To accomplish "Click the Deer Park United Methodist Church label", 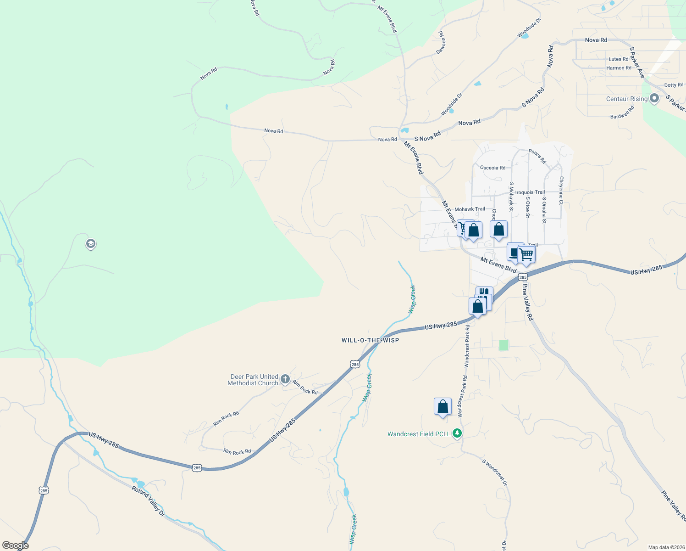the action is tap(253, 380).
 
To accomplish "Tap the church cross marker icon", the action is tap(285, 379).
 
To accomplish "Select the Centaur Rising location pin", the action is tap(654, 98).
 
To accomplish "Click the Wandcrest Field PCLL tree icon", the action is tap(457, 433).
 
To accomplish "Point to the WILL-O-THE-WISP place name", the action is tap(370, 340).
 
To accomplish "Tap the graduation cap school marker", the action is tap(91, 243).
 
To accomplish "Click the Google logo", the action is tap(15, 545).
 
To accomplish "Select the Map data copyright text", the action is tap(666, 547).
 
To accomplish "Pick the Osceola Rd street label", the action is tap(492, 168).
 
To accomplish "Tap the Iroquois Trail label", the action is tap(530, 192).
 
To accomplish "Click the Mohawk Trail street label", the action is tap(470, 209).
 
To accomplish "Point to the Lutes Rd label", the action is tap(618, 59).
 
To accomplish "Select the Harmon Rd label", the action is tap(619, 68).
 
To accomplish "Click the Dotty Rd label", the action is tap(674, 85).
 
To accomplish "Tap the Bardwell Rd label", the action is tap(622, 112).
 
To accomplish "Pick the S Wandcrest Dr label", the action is tap(495, 472).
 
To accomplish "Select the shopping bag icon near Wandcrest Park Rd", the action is tap(443, 407).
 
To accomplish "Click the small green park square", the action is tap(503, 345).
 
